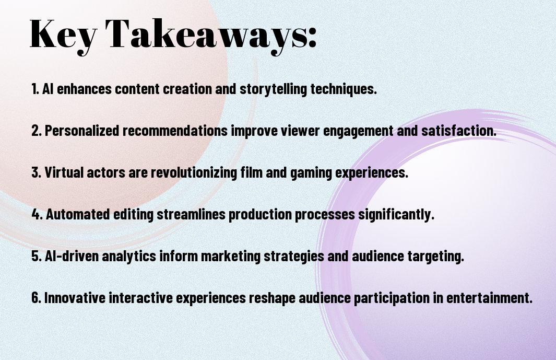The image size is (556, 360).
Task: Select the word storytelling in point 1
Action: pyautogui.click(x=273, y=89)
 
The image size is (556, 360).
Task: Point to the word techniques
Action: pyautogui.click(x=344, y=89)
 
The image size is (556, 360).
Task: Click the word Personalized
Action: pyautogui.click(x=82, y=131)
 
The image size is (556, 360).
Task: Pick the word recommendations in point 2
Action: pyautogui.click(x=175, y=131)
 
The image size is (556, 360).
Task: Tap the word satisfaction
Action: pyautogui.click(x=459, y=131)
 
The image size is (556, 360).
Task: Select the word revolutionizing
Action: pyautogui.click(x=194, y=172)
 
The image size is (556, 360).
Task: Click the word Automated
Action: pyautogui.click(x=78, y=214)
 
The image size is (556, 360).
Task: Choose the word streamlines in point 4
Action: pyautogui.click(x=191, y=214)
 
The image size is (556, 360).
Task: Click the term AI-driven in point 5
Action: pyautogui.click(x=72, y=256)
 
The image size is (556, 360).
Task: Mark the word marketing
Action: pyautogui.click(x=231, y=257)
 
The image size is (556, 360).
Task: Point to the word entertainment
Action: pyautogui.click(x=489, y=297)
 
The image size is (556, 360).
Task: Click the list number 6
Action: pyautogui.click(x=37, y=297)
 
